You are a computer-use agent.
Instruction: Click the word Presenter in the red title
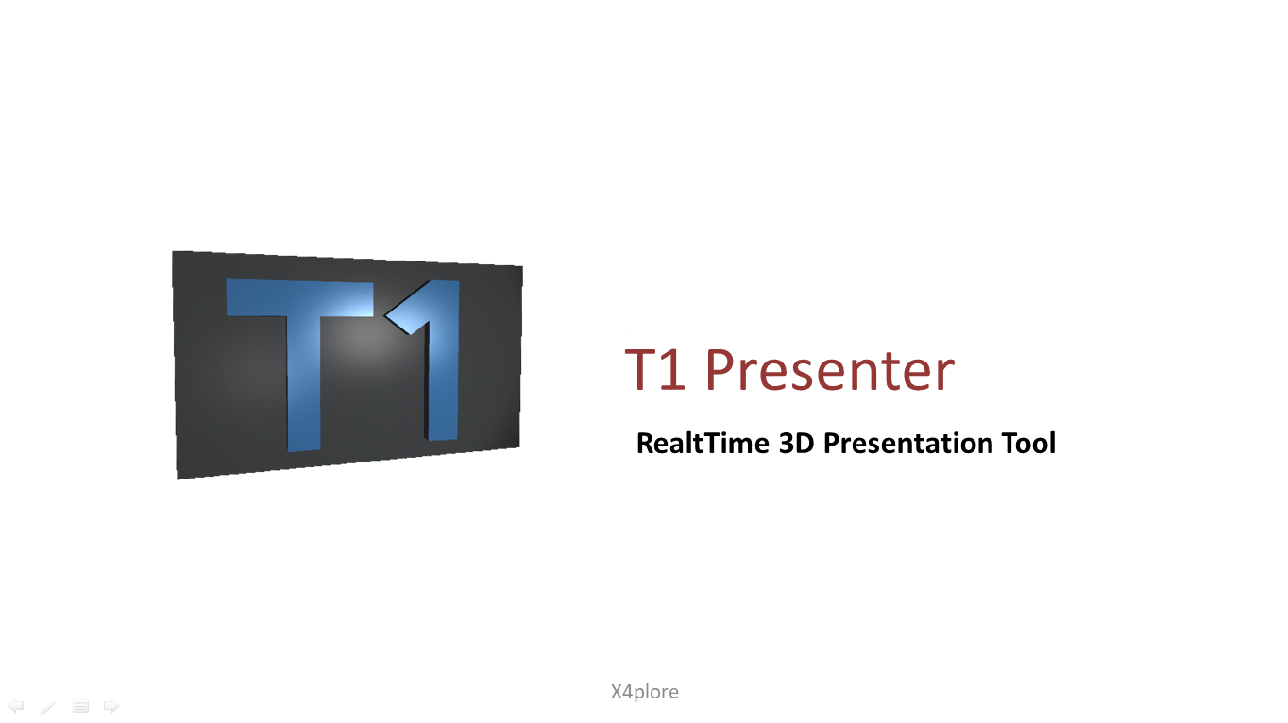pos(830,371)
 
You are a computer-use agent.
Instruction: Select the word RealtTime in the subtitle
pos(703,443)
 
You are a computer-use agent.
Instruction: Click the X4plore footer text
pos(645,692)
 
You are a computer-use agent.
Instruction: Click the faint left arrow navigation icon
pos(15,705)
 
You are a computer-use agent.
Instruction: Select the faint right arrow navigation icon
pos(111,705)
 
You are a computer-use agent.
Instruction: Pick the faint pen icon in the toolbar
pos(48,706)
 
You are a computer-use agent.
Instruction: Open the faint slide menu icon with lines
pos(80,706)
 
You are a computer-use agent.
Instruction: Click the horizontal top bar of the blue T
pos(299,297)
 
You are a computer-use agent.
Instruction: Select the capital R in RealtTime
pos(645,443)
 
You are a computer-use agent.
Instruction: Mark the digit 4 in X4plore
pos(631,692)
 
